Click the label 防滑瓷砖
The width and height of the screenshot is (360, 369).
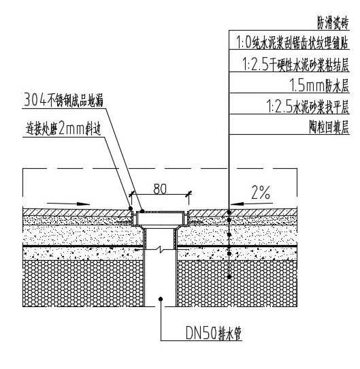[x=333, y=24]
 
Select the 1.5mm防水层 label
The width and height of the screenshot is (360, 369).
[x=319, y=85]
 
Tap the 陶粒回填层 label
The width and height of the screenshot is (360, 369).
[x=329, y=127]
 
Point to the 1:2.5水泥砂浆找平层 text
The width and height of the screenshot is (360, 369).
[x=308, y=107]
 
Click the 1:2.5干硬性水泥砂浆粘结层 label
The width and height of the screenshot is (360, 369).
[x=295, y=65]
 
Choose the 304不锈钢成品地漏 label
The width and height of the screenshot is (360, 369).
[x=64, y=100]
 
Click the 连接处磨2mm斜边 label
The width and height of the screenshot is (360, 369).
[x=64, y=129]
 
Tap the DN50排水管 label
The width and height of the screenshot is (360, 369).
[x=214, y=333]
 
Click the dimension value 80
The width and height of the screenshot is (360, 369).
[x=160, y=189]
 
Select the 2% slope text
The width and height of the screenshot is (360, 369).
[x=261, y=192]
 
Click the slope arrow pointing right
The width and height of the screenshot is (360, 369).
[x=68, y=204]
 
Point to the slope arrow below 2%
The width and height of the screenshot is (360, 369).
[x=252, y=204]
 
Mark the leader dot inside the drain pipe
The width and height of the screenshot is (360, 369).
[x=161, y=299]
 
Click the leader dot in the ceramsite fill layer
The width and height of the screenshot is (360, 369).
[x=229, y=277]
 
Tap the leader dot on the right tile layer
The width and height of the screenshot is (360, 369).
[x=229, y=212]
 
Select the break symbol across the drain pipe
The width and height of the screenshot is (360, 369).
[x=160, y=248]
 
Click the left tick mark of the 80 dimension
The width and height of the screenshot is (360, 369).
[x=131, y=194]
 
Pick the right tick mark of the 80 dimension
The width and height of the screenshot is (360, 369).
[x=189, y=194]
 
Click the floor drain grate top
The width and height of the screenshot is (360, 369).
[x=160, y=212]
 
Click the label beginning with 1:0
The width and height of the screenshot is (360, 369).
[x=293, y=43]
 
